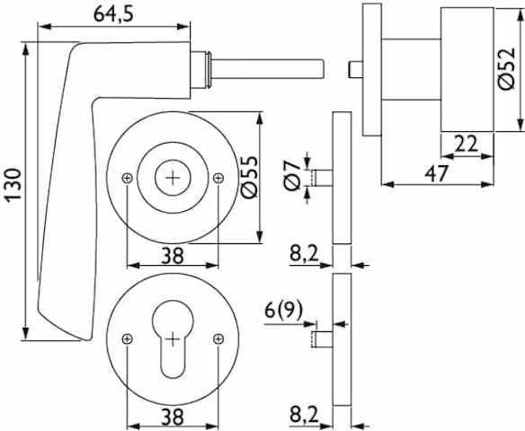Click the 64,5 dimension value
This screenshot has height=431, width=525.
[x=113, y=14]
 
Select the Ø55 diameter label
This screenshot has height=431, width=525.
[x=250, y=177]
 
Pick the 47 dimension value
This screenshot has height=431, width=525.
[x=436, y=174]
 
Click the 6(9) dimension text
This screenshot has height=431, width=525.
[x=283, y=311]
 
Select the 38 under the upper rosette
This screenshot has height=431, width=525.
[x=173, y=256]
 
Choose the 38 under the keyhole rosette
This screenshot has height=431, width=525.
[x=173, y=417]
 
